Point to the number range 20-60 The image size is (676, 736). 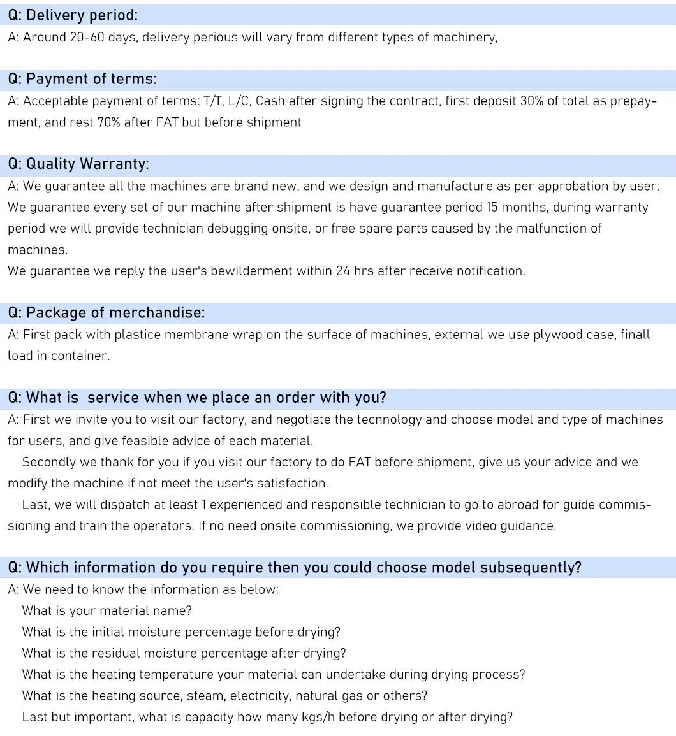87,37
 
